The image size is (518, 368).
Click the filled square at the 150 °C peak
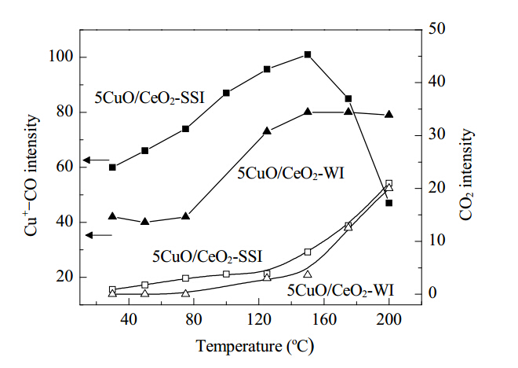click(x=308, y=54)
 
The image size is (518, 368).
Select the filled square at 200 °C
click(x=388, y=203)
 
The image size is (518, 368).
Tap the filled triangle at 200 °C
click(x=389, y=114)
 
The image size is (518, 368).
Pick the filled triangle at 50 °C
click(x=144, y=222)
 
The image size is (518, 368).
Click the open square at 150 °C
click(x=308, y=252)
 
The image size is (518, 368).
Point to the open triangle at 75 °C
click(x=186, y=293)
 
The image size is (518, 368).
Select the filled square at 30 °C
click(x=112, y=167)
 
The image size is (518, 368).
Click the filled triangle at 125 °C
click(x=267, y=131)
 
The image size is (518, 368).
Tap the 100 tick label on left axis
click(x=60, y=57)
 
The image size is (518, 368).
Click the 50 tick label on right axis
click(x=436, y=29)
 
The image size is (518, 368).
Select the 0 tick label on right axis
click(x=432, y=293)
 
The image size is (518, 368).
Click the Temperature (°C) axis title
click(x=255, y=347)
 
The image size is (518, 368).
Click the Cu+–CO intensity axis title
click(x=31, y=175)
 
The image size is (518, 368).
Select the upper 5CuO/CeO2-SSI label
click(x=150, y=98)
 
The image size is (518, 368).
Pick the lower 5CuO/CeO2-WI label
click(x=341, y=291)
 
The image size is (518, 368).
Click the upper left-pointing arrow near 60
click(x=96, y=160)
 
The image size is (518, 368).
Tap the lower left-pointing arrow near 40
click(x=99, y=235)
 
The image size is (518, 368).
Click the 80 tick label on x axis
click(x=194, y=320)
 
